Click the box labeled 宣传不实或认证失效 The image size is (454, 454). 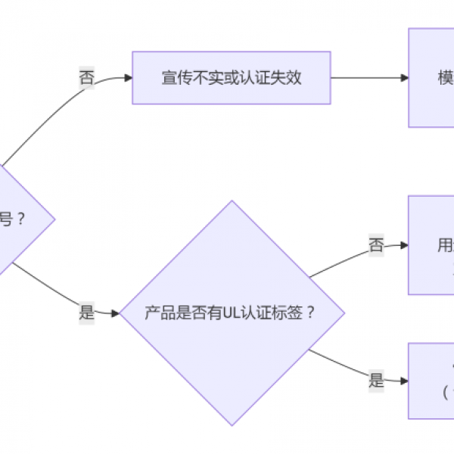tap(232, 78)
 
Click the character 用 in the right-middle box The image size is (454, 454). tap(445, 245)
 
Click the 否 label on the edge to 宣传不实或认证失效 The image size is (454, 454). tap(86, 78)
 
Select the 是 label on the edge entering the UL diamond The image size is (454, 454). tap(87, 313)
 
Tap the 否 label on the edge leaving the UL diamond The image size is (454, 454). tap(376, 245)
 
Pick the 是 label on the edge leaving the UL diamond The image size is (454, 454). tap(376, 381)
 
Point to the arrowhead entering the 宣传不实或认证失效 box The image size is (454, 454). tap(128, 78)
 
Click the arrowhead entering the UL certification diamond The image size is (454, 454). tap(116, 313)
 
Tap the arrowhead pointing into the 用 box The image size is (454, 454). tap(404, 245)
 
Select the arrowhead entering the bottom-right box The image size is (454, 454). tap(404, 381)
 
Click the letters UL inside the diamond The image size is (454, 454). tap(232, 313)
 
